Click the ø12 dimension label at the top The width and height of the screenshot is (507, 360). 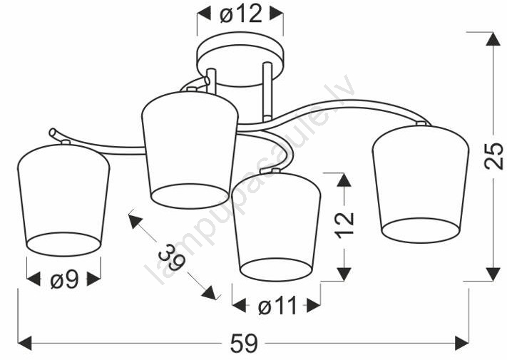pos(241,14)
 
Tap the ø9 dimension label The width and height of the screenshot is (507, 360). pos(65,279)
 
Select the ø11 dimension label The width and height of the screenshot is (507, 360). pos(277,306)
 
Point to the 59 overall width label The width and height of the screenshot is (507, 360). pos(244,343)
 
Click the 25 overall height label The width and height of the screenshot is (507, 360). pos(493,156)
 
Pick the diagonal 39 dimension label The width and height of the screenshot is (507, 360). pos(172,257)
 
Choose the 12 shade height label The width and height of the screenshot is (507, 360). pos(345,225)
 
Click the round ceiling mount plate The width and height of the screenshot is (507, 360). pos(240,59)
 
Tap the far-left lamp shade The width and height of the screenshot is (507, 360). pos(63,200)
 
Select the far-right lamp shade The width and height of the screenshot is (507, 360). pos(420,184)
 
